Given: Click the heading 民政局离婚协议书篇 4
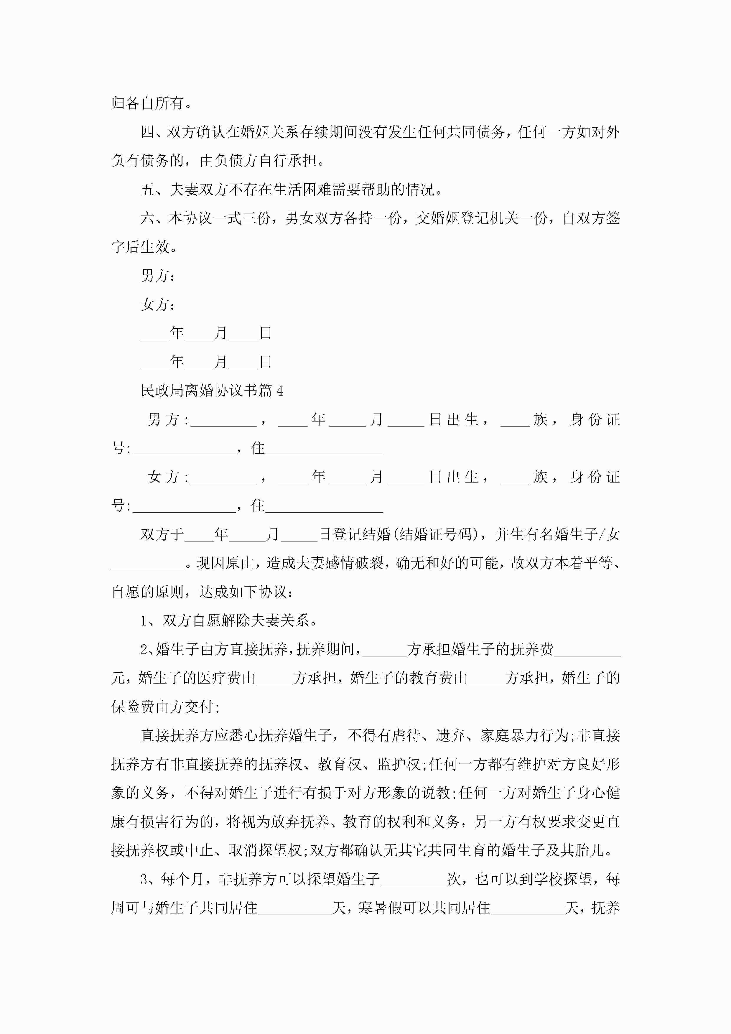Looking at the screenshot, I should pyautogui.click(x=212, y=391).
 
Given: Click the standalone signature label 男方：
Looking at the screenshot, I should pyautogui.click(x=158, y=276).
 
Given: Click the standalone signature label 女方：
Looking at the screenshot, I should pyautogui.click(x=158, y=304).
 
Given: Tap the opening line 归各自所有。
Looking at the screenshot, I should pyautogui.click(x=152, y=103).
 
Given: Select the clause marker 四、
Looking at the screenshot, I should pyautogui.click(x=153, y=132).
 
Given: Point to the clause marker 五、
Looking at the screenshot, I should pyautogui.click(x=153, y=190).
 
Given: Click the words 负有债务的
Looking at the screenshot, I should pyautogui.click(x=148, y=161).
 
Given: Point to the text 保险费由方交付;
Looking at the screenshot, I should pyautogui.click(x=165, y=707).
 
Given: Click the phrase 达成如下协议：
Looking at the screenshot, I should pyautogui.click(x=247, y=592).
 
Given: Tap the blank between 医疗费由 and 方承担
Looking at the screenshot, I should pyautogui.click(x=274, y=678).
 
